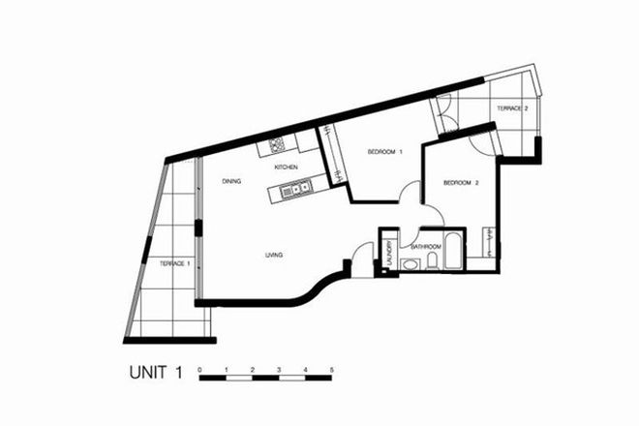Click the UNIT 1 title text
pos(156,371)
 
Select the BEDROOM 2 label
pos(462,183)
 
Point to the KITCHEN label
pos(287,167)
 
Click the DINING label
pos(230,181)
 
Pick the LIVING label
pos(274,256)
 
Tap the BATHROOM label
pos(426,247)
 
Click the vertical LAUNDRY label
pos(387,255)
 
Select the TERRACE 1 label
pos(174,262)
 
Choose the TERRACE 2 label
pos(512,109)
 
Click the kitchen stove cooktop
pos(275,147)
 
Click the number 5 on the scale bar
pos(332,371)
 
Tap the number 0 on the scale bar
pos(199,371)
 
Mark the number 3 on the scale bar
pos(279,371)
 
